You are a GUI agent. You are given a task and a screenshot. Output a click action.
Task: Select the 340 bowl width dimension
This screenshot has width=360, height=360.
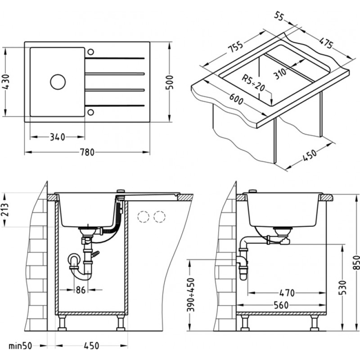click(x=57, y=136)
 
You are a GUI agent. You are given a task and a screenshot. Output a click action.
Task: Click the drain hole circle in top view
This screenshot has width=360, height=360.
click(x=58, y=81)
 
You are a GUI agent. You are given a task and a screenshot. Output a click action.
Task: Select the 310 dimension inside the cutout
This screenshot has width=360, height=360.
click(x=280, y=71)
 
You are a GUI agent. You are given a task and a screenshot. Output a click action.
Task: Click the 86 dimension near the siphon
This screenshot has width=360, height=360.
click(x=80, y=290)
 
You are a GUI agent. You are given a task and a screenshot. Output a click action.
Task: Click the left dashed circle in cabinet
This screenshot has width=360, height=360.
click(x=144, y=217)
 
